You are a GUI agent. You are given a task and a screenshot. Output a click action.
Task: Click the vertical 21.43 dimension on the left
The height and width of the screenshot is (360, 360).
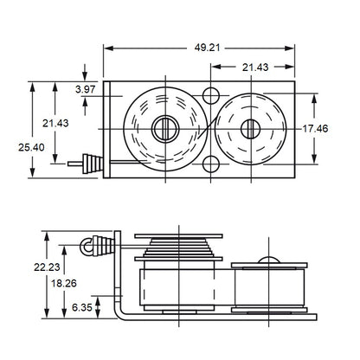[x=57, y=122]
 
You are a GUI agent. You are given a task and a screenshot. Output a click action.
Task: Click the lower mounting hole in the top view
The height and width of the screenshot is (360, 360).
[x=211, y=164]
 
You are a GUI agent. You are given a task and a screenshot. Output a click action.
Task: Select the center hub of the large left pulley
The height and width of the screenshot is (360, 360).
[x=164, y=129]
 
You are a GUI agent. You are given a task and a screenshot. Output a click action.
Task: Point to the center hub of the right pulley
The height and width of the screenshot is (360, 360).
[x=252, y=129]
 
